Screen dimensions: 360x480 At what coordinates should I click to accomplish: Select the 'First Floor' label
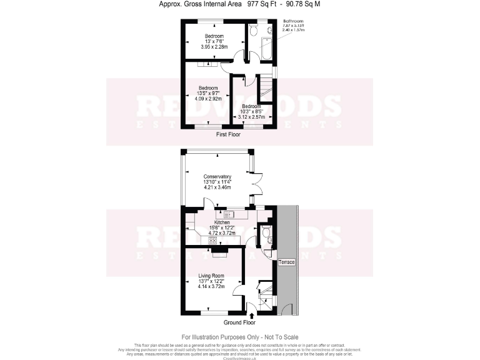[228, 134]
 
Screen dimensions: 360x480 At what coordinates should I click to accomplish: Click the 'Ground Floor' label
[240, 323]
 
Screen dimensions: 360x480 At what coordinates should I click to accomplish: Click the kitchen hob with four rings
[212, 240]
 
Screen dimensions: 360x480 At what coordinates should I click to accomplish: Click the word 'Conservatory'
[218, 176]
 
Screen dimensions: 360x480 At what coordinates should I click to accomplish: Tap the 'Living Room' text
[211, 276]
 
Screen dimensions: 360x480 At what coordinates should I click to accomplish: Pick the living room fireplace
[219, 251]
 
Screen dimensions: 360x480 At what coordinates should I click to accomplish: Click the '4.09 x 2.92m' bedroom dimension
[208, 99]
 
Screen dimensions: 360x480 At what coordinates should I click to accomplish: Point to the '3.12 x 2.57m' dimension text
[252, 116]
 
